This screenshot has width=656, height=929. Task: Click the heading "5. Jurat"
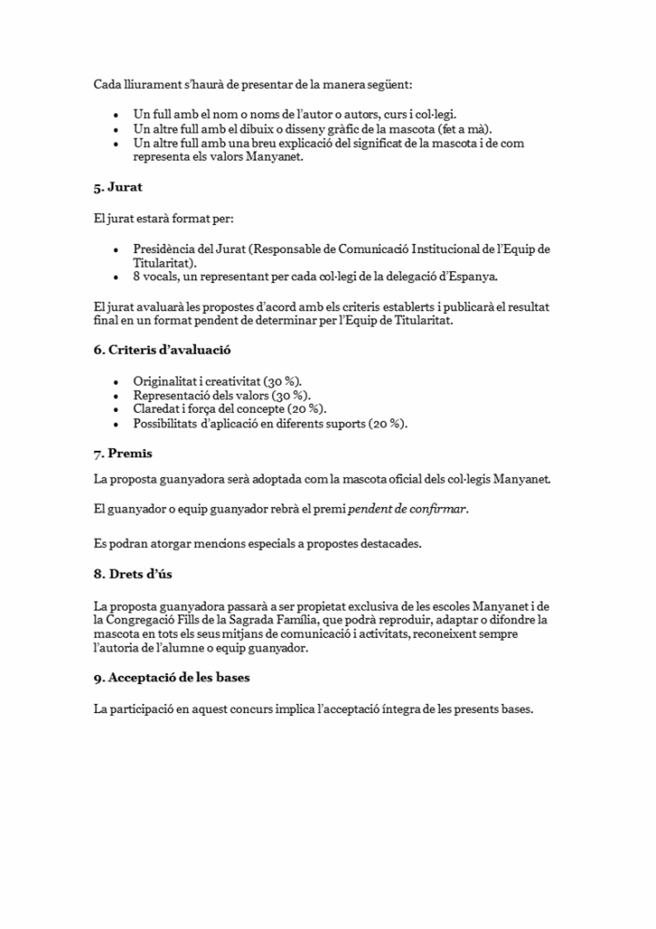point(118,188)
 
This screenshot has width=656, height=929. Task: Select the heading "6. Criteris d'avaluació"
point(156,349)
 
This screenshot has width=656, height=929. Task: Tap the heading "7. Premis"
point(122,453)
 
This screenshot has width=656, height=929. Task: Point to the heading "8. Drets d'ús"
point(132,574)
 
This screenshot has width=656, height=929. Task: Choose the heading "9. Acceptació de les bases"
point(172,678)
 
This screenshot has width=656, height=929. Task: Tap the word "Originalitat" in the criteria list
point(164,381)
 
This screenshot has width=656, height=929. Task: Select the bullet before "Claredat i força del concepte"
point(115,410)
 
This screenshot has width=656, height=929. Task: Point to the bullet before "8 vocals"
point(115,278)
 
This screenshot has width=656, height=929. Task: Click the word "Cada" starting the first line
point(107,84)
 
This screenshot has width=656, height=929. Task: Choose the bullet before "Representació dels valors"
point(115,396)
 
